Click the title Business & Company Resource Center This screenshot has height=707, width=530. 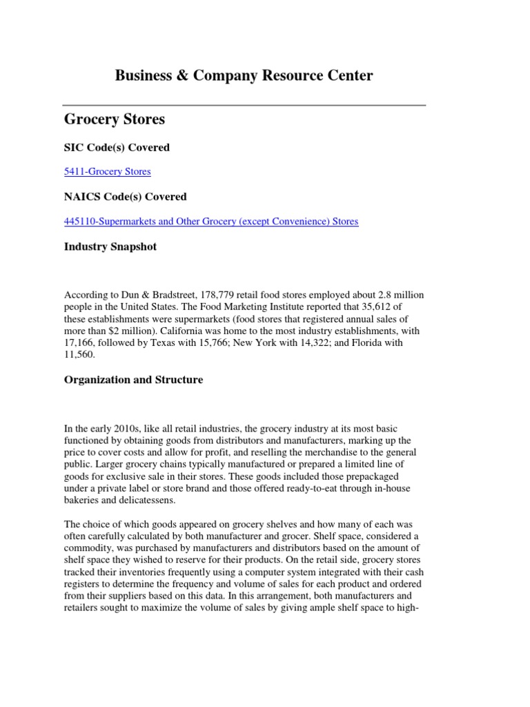244,76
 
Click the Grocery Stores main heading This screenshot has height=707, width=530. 115,119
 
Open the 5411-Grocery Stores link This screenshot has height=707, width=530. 107,171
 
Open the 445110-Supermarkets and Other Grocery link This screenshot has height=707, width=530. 211,221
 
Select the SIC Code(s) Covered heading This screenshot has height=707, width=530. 117,147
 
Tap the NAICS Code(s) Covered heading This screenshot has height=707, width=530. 125,197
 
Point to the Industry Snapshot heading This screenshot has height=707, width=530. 110,246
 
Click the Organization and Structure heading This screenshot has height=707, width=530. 134,380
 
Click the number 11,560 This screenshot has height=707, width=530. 80,354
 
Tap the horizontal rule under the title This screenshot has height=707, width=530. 244,105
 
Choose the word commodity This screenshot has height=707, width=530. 88,549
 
